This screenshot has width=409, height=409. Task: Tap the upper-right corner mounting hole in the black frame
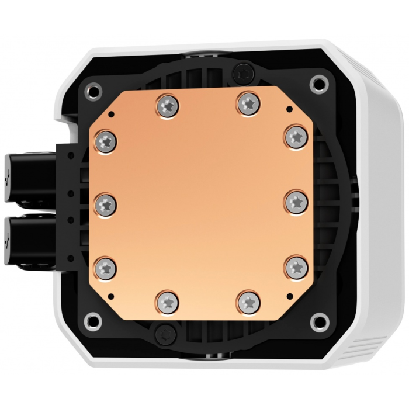[318, 82]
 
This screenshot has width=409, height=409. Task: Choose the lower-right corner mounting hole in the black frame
[318, 320]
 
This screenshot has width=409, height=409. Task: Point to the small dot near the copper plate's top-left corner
[109, 110]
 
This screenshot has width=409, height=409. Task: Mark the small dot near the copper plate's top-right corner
[290, 109]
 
